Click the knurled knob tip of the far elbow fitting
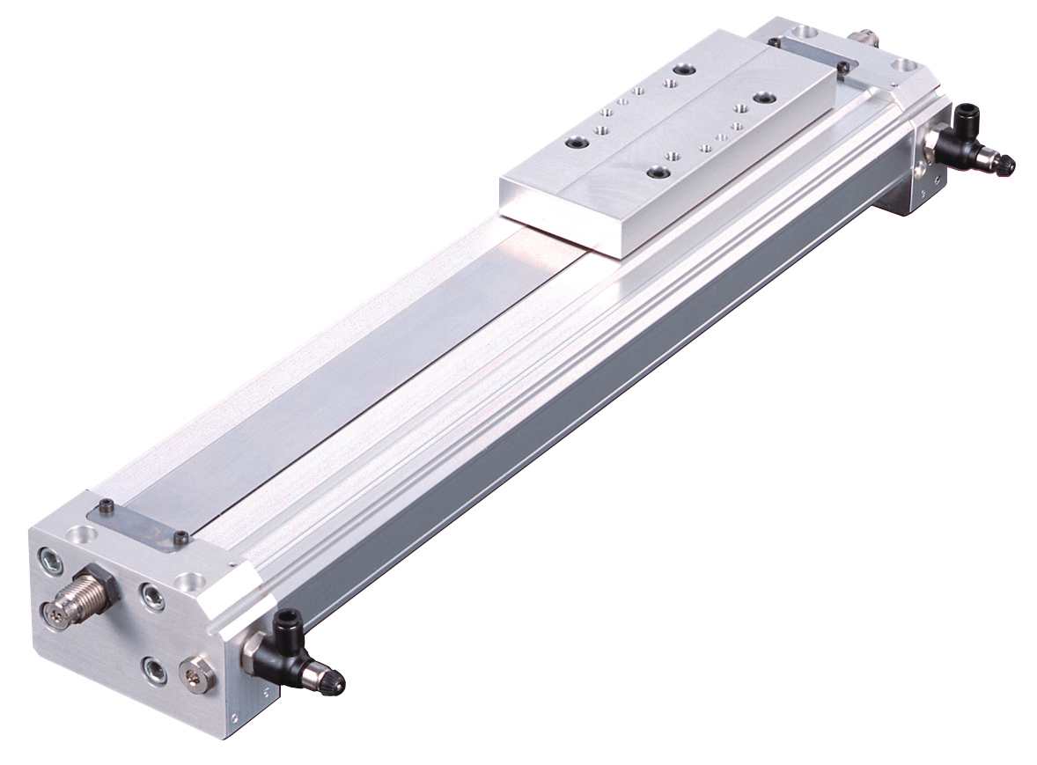coord(1003,165)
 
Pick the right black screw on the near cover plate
coord(181,538)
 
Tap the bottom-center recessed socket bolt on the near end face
coord(153,667)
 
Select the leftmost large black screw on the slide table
coord(577,143)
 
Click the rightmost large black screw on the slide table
coord(761,97)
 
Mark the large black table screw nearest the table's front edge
coord(656,173)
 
